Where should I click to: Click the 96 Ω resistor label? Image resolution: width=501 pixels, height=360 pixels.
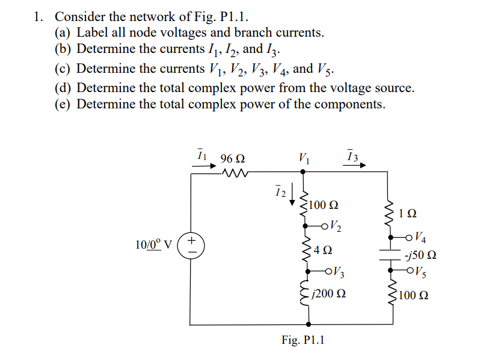(232, 160)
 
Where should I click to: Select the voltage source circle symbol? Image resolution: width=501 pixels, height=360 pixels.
(191, 246)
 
